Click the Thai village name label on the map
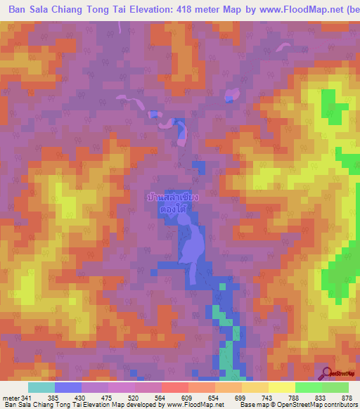(x=172, y=203)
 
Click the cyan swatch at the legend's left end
(x=41, y=388)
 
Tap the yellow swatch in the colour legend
(x=281, y=388)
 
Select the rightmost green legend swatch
(x=335, y=388)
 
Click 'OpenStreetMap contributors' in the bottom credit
(x=314, y=404)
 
